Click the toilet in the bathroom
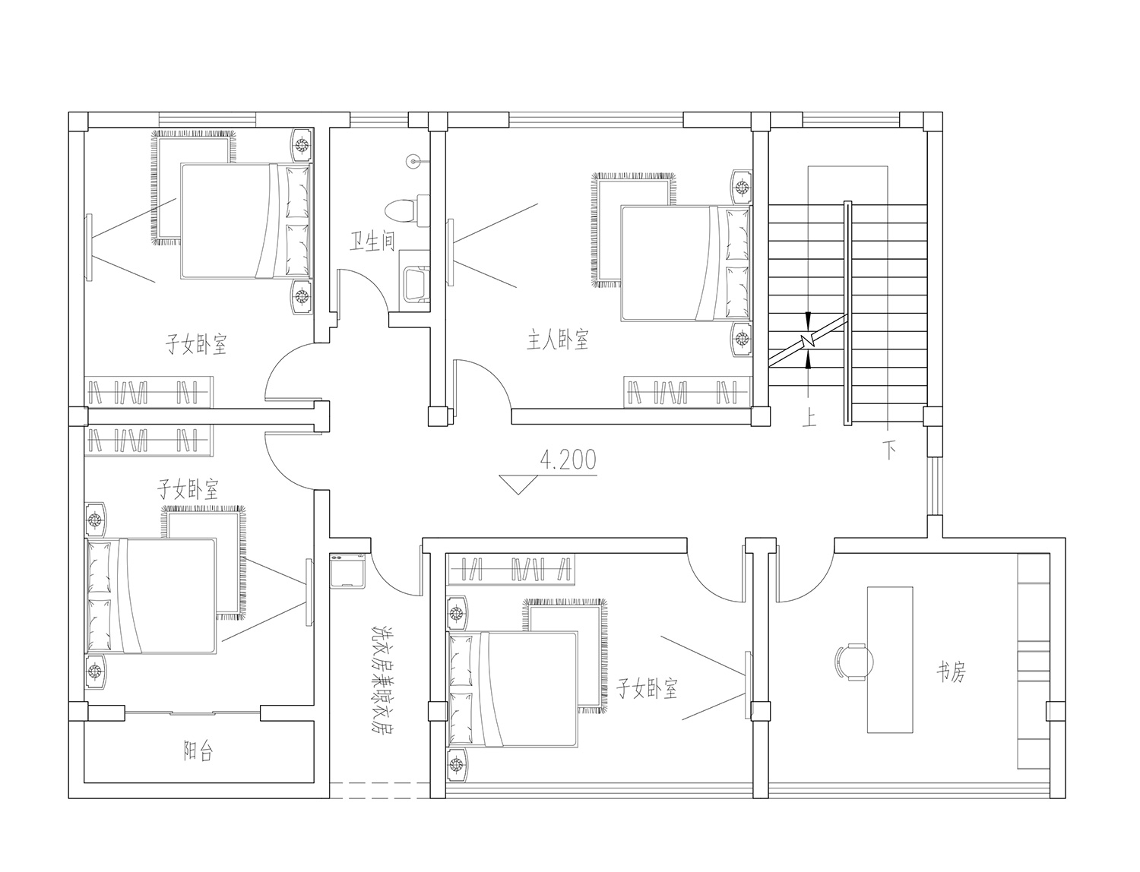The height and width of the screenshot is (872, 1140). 407,210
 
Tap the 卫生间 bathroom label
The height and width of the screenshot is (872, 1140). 372,242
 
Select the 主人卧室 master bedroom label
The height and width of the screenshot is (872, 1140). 558,340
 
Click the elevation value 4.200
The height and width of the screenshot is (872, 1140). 568,460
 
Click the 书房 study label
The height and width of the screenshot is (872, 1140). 951,673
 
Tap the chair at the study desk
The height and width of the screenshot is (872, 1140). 853,662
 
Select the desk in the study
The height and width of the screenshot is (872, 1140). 890,660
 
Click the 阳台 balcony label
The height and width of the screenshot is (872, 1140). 198,750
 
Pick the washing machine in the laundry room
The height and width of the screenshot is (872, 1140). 348,570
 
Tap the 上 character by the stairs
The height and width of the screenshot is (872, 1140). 809,419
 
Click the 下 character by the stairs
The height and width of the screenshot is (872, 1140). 890,450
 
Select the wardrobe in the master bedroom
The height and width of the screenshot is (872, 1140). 688,393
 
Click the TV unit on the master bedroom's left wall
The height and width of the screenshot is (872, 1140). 450,252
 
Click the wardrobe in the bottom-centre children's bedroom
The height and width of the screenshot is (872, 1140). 511,570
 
